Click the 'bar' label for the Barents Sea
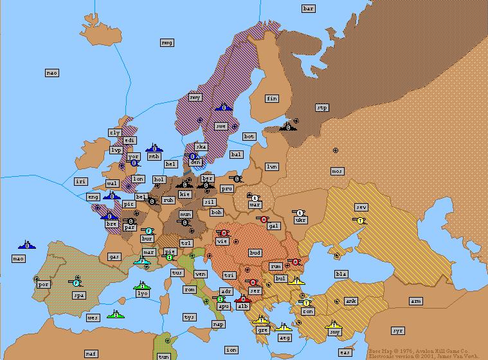(x=309, y=8)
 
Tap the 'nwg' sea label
(x=167, y=42)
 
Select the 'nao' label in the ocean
(x=52, y=73)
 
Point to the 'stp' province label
(x=322, y=108)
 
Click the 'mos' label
(x=337, y=171)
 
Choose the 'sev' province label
(x=361, y=207)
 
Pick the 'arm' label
(x=416, y=301)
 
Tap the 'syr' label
(x=398, y=330)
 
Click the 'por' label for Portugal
(x=44, y=284)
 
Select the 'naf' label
(x=91, y=354)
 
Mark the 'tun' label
(x=164, y=356)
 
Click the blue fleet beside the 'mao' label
(x=27, y=244)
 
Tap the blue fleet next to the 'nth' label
(x=153, y=148)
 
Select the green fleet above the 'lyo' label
(x=142, y=285)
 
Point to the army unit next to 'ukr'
(x=298, y=212)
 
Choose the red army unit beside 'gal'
(x=262, y=219)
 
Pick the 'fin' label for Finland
(x=272, y=98)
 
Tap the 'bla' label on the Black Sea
(x=341, y=274)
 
